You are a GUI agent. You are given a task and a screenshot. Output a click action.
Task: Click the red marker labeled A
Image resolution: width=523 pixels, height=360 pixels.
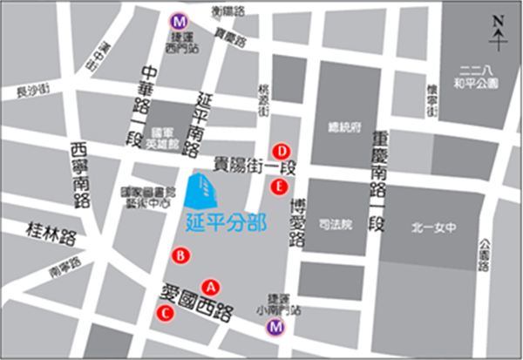point(209,285)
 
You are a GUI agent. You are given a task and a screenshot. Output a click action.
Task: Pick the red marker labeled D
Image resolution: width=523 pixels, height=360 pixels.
point(282,149)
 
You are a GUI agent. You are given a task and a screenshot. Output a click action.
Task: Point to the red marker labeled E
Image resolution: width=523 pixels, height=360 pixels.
point(279,186)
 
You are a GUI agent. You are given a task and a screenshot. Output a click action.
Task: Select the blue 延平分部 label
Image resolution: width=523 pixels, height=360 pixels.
point(226,221)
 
